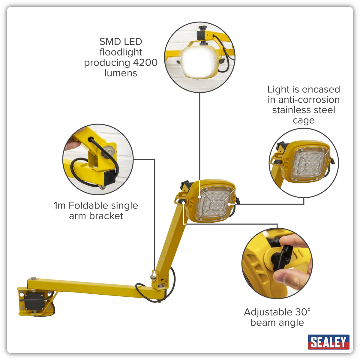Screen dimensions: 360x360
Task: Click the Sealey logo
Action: click(x=328, y=342)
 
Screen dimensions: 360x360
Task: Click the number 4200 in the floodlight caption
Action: click(x=145, y=62)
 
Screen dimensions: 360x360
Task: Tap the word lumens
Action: click(x=121, y=73)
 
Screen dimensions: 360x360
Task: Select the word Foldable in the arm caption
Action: click(x=89, y=205)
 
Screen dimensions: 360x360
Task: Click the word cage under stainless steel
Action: click(x=304, y=121)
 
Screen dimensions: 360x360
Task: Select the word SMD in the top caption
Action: click(x=107, y=41)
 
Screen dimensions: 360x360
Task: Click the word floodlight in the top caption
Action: click(x=121, y=52)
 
